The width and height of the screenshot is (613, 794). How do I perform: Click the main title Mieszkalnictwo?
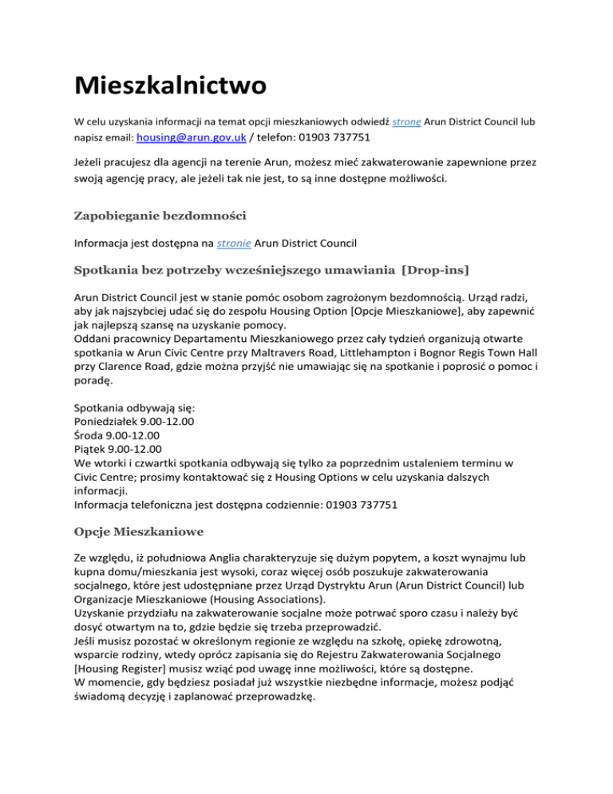click(171, 84)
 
